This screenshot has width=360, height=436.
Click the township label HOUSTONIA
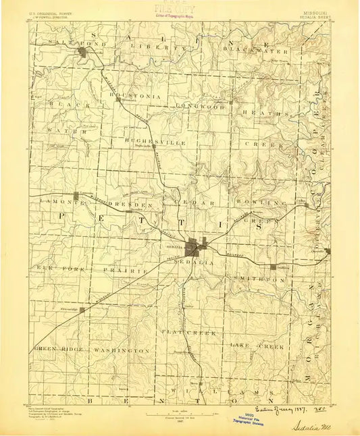pos(138,97)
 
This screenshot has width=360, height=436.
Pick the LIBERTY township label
pos(158,47)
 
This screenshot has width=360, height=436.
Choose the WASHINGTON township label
pos(121,351)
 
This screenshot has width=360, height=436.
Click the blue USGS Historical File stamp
pos(248,416)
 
